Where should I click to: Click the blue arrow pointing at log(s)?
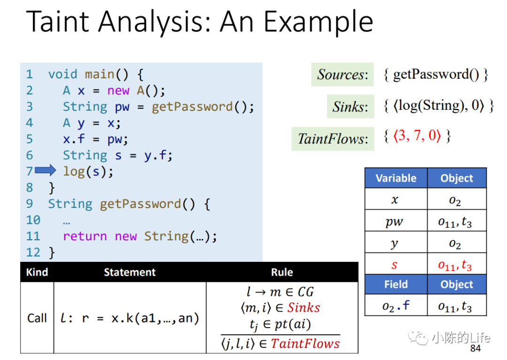[46, 170]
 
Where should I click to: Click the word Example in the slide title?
[318, 23]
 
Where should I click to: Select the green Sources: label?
[342, 74]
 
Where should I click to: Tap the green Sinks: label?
[351, 107]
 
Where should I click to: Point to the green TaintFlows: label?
[333, 138]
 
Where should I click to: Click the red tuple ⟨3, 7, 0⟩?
[417, 136]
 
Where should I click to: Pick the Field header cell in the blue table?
[396, 284]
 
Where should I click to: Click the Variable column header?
[396, 178]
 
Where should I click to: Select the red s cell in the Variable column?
[394, 265]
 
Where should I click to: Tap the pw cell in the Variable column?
[394, 222]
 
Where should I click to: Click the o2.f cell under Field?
[396, 305]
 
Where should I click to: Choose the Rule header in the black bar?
[282, 272]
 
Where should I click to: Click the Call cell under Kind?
[37, 318]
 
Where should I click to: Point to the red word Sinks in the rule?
[304, 307]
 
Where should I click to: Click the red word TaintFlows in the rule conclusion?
[305, 344]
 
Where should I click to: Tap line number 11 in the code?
[33, 236]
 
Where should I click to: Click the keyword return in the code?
[84, 236]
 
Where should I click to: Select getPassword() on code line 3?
[203, 107]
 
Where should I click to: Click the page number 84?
[475, 348]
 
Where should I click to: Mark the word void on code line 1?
[63, 74]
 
